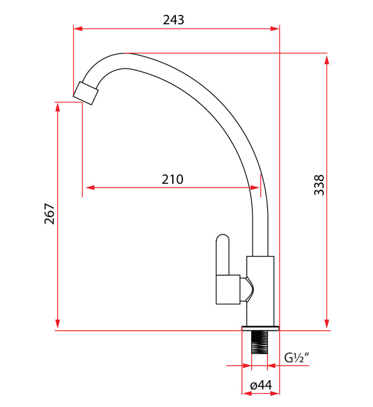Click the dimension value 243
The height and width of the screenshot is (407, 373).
[x=173, y=20]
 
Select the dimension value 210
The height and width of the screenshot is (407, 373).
[x=173, y=179]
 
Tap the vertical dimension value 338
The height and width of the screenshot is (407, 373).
[x=319, y=185]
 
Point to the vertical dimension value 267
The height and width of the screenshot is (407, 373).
[x=49, y=214]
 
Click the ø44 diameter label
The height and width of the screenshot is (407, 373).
[x=261, y=386]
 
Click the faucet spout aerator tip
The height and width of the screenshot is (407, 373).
[x=87, y=93]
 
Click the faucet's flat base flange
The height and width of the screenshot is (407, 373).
[x=260, y=328]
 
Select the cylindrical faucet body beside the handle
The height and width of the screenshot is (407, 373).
[x=260, y=292]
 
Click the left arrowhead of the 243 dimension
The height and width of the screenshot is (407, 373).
[x=78, y=28]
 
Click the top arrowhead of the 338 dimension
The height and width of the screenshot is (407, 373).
[x=327, y=57]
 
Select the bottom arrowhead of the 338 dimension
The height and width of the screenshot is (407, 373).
[x=327, y=324]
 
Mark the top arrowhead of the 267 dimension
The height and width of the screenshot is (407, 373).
[x=58, y=107]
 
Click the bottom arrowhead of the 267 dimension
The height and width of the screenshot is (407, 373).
[x=58, y=324]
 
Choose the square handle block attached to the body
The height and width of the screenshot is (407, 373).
[x=228, y=289]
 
